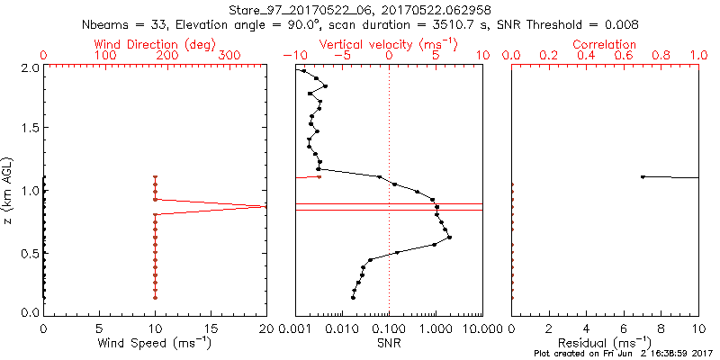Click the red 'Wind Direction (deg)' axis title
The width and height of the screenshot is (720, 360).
(x=155, y=44)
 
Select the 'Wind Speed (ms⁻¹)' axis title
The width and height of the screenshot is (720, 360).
(x=155, y=343)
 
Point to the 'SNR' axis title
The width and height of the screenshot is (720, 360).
(x=389, y=343)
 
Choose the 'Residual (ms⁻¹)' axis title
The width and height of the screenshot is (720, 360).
(x=605, y=343)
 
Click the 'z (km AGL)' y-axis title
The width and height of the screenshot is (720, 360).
(x=10, y=190)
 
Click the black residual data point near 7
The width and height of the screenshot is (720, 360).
(x=643, y=176)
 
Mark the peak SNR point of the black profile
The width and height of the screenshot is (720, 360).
(x=449, y=237)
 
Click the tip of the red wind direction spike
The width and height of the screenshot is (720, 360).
(x=265, y=207)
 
